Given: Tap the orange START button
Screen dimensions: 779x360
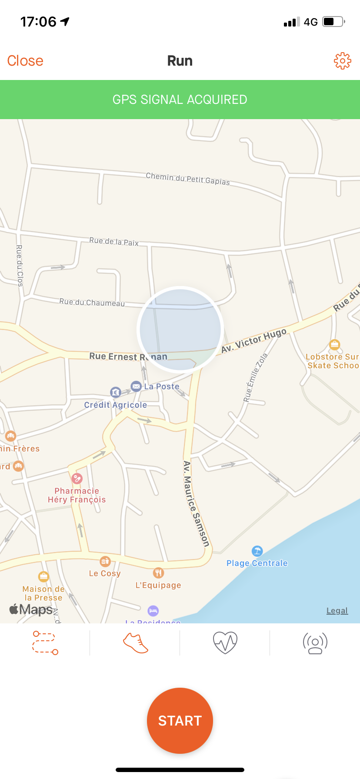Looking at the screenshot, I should click(180, 720).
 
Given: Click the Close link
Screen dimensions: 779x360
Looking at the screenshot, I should click(25, 61).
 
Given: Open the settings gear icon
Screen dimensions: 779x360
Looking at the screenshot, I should click(342, 61).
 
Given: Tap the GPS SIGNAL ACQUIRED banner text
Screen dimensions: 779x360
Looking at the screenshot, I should click(180, 100).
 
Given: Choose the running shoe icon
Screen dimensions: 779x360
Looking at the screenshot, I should click(136, 643).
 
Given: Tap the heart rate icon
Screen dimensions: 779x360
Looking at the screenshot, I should click(225, 643).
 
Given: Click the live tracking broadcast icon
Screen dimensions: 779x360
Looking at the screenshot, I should click(315, 643).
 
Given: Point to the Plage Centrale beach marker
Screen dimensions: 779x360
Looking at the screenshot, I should click(257, 551).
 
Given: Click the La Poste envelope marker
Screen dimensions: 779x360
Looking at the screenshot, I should click(136, 386).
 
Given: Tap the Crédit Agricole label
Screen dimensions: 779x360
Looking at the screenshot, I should click(116, 405).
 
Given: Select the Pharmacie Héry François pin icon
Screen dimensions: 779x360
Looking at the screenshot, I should click(77, 479).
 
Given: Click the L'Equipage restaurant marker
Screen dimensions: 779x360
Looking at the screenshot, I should click(158, 573).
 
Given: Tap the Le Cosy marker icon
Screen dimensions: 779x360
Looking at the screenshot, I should click(105, 561).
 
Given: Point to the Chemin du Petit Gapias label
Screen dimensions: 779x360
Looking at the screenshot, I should click(188, 179).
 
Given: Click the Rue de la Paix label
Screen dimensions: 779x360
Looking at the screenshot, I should click(114, 242).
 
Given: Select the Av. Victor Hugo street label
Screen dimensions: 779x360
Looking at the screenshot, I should click(254, 340).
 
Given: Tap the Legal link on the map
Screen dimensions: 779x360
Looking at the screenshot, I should click(337, 611).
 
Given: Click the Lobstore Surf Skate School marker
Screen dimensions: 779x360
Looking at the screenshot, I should click(334, 345).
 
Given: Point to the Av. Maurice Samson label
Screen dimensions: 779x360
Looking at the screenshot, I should click(196, 503).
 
